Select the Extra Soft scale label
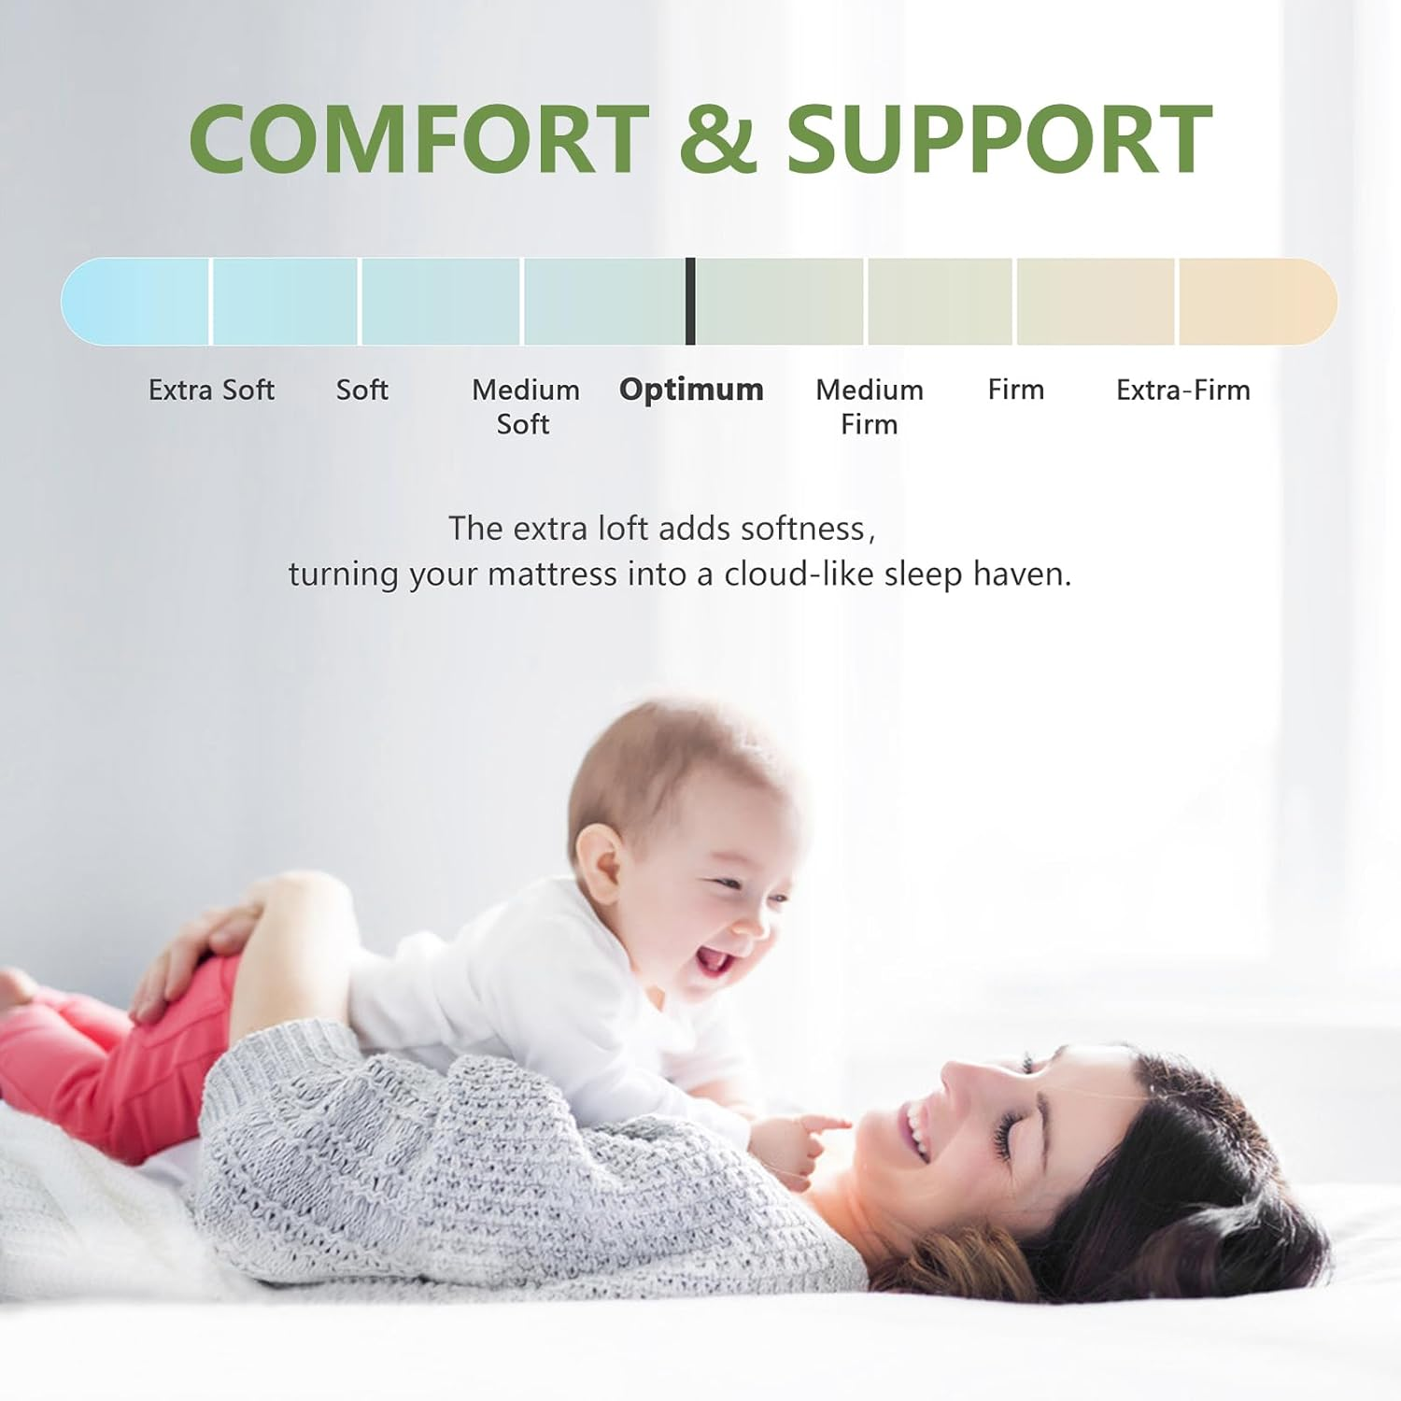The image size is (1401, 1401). pos(211,389)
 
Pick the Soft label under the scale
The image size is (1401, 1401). pos(361,389)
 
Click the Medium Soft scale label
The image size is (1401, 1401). pos(525,406)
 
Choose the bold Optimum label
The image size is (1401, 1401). pos(691,389)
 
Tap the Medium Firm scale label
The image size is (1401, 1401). pos(869,406)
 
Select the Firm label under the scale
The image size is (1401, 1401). pos(1015,389)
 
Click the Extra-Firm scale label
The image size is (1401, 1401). pos(1182,389)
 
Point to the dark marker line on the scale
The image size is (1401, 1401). pos(690,301)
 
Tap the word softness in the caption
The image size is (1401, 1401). pos(803,529)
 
